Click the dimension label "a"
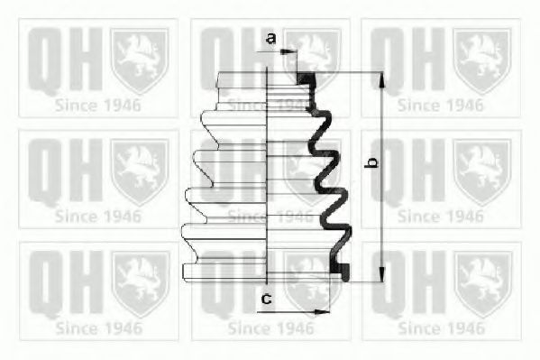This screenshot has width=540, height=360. [271, 38]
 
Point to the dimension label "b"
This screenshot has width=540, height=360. [371, 162]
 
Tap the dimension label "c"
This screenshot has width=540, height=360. [267, 299]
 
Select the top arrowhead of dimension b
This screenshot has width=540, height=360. [382, 79]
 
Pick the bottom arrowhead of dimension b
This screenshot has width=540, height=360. [382, 274]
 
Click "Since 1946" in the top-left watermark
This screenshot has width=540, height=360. [97, 106]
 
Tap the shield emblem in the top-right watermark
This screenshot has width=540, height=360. [481, 61]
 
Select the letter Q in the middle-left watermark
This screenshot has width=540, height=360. [45, 171]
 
